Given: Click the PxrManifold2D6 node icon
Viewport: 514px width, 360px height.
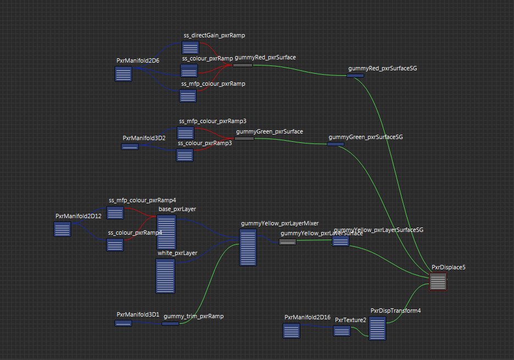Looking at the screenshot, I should coord(123,74).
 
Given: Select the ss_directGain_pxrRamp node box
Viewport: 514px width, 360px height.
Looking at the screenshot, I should coord(190,47).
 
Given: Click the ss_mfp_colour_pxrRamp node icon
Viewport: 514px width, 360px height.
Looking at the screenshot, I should coord(188,96).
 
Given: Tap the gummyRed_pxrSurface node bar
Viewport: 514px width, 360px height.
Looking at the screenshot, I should coord(242,65).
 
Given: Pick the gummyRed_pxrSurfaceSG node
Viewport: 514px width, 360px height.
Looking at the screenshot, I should coord(355,75).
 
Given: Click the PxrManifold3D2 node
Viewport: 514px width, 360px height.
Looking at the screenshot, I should coord(130,146).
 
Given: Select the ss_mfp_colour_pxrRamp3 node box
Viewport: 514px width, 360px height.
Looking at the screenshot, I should coord(186,133).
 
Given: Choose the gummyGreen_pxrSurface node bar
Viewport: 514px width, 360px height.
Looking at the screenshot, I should coord(244,139).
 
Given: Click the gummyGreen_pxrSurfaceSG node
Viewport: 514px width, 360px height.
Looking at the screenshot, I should coord(336,144).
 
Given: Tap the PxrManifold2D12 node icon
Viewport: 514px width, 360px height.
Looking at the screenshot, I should coord(62,229).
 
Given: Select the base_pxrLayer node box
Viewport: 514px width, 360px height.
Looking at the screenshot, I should coord(166,232).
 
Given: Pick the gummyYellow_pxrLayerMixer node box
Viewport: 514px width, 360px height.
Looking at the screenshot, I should coord(248,247).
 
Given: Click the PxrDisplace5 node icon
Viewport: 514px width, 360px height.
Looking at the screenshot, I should coord(438,282).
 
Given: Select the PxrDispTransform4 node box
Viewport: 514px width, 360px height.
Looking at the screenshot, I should coord(377,328).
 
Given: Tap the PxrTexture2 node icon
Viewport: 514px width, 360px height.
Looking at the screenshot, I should coord(342,330).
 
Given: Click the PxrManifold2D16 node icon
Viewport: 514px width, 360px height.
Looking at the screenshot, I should coord(292,331).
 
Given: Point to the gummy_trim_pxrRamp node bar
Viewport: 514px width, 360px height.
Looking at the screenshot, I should coord(170,323).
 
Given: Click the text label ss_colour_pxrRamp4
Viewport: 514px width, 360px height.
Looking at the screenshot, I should coord(135,232).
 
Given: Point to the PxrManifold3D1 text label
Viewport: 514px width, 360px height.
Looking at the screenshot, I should coord(138,314).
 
